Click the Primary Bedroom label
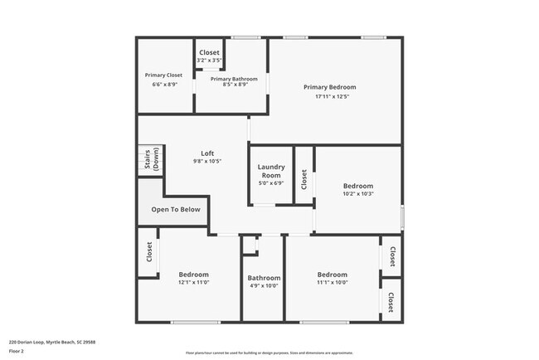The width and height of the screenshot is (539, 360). coord(329,87)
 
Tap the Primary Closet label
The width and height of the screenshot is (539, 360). coord(163,75)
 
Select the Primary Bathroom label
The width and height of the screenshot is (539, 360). coord(229,78)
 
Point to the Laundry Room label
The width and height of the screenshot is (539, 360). coord(272,172)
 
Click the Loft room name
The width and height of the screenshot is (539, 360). coord(207,153)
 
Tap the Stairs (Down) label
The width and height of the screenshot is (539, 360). coord(152,158)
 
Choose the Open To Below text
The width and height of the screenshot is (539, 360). coord(176,210)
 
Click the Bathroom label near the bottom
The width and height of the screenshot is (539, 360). coord(264,278)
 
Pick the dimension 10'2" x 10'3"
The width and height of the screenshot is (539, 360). coord(358,194)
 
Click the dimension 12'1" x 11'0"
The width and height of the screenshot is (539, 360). coord(193,283)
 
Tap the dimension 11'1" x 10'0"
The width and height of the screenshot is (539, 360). coord(332,283)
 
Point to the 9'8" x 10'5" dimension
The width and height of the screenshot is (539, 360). coord(207,161)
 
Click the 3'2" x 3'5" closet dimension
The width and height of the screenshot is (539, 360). coord(208,61)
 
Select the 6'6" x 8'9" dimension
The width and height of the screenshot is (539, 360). coord(163,84)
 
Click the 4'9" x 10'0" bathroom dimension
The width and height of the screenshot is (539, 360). coord(264,286)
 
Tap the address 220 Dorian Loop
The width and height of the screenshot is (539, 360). coord(51,342)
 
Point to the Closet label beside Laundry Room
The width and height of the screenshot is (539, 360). coord(304,179)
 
